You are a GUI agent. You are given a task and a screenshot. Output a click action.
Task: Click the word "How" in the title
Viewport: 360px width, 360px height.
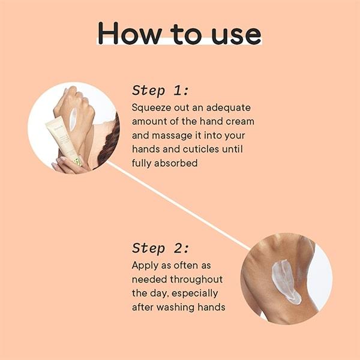pyautogui.click(x=130, y=33)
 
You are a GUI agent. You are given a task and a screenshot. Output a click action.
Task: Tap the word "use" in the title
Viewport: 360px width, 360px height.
pyautogui.click(x=236, y=35)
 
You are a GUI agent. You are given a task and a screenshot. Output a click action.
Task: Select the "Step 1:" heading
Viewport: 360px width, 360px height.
pyautogui.click(x=160, y=90)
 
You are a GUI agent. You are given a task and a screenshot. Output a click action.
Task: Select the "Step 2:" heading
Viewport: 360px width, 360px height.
pyautogui.click(x=161, y=248)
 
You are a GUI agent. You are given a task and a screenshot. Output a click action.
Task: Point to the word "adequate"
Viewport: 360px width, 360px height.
pyautogui.click(x=228, y=108)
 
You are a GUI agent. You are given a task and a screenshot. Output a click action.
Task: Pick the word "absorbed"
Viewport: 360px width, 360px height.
pyautogui.click(x=176, y=163)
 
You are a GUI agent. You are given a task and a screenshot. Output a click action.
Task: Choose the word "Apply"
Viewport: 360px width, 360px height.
pyautogui.click(x=145, y=266)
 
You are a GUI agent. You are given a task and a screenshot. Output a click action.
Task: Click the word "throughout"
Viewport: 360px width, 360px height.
pyautogui.click(x=196, y=280)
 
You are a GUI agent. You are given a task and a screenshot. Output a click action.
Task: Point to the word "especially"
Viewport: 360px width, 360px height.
pyautogui.click(x=194, y=293)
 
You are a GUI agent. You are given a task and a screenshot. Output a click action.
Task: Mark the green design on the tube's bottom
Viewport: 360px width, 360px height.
pyautogui.click(x=77, y=161)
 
